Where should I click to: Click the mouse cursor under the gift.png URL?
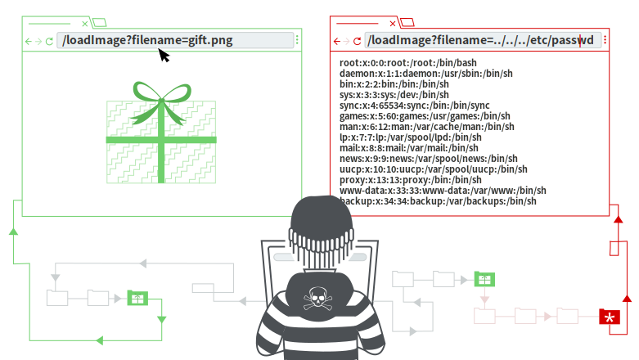coord(165,56)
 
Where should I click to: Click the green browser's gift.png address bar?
coord(175,40)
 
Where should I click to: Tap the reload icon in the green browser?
coord(49,41)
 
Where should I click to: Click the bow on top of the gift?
coord(160,97)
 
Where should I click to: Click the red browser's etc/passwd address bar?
coord(484,40)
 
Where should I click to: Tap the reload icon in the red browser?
coord(358,41)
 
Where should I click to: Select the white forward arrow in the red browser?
coord(347,41)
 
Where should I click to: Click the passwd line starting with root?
coord(397,63)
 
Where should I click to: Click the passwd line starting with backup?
coord(438,201)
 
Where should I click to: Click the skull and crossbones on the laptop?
coord(317,299)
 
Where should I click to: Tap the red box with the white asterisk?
coord(610,317)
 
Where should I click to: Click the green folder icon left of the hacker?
coord(137,298)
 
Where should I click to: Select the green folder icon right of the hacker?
coord(484,280)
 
